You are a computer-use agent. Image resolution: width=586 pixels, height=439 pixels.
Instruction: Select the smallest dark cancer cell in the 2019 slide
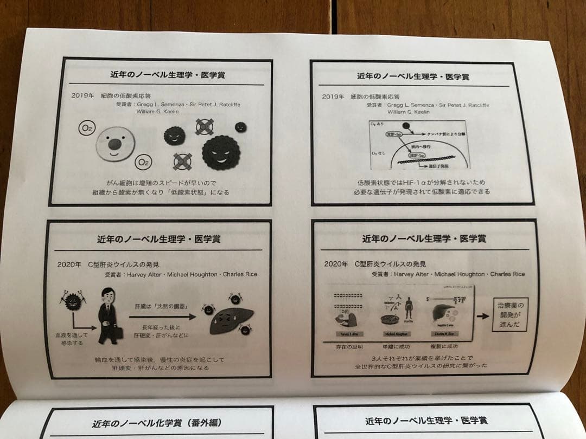click(240, 127)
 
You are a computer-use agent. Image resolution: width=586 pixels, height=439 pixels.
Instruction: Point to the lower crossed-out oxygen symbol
click(182, 161)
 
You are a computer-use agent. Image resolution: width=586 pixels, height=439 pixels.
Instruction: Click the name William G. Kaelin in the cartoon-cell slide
click(157, 112)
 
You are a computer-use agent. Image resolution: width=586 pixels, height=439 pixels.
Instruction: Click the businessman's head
click(106, 296)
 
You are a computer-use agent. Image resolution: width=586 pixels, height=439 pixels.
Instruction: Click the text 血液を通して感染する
click(71, 339)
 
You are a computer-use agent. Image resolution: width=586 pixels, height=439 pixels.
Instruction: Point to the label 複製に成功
click(444, 346)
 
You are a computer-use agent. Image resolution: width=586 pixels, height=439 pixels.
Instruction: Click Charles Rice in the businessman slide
click(239, 274)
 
